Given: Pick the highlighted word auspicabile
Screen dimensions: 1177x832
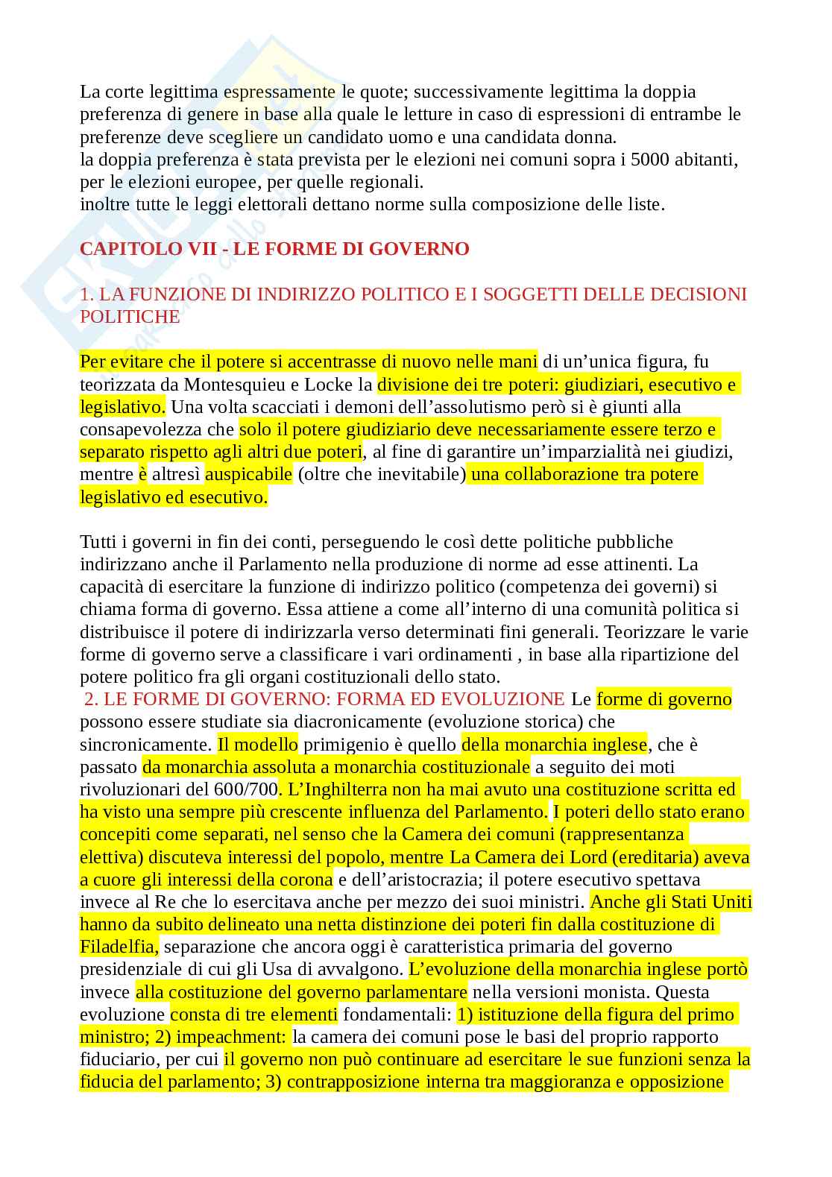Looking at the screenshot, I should (248, 474).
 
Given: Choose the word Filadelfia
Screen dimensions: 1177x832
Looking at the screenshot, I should (118, 947).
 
